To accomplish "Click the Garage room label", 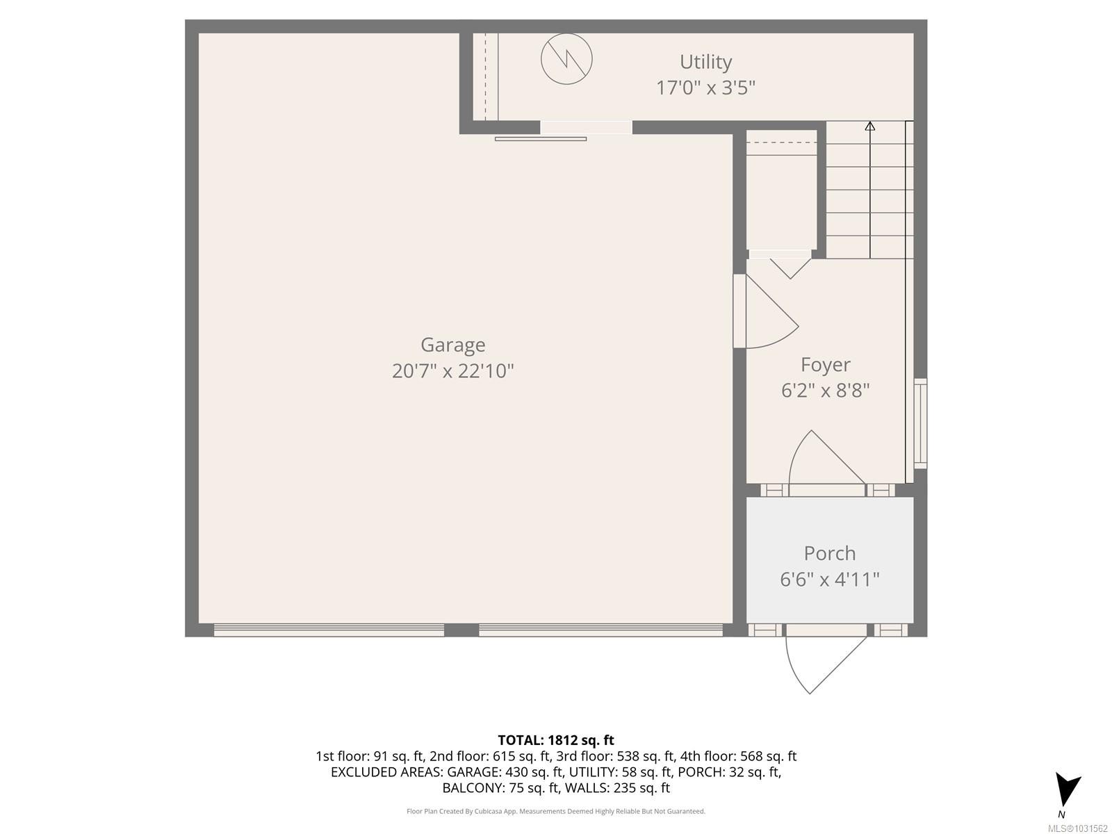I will click(x=452, y=345).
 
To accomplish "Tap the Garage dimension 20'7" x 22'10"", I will click(x=452, y=371).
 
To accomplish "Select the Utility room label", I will click(x=705, y=62).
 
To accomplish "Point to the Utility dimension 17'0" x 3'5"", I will click(x=705, y=88).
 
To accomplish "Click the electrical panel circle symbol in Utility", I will click(x=566, y=58).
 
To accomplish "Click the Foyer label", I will click(x=825, y=365).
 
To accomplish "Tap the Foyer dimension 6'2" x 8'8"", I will click(x=825, y=391).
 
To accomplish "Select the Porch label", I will click(x=829, y=553).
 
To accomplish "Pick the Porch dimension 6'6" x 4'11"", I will click(x=829, y=579).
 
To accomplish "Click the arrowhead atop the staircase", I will click(x=869, y=126).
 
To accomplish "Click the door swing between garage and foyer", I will click(x=768, y=316).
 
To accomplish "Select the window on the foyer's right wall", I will click(x=920, y=423).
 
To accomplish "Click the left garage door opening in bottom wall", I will click(x=329, y=630).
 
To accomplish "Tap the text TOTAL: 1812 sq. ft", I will click(x=555, y=740).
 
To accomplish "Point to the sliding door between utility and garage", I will click(x=585, y=128).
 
